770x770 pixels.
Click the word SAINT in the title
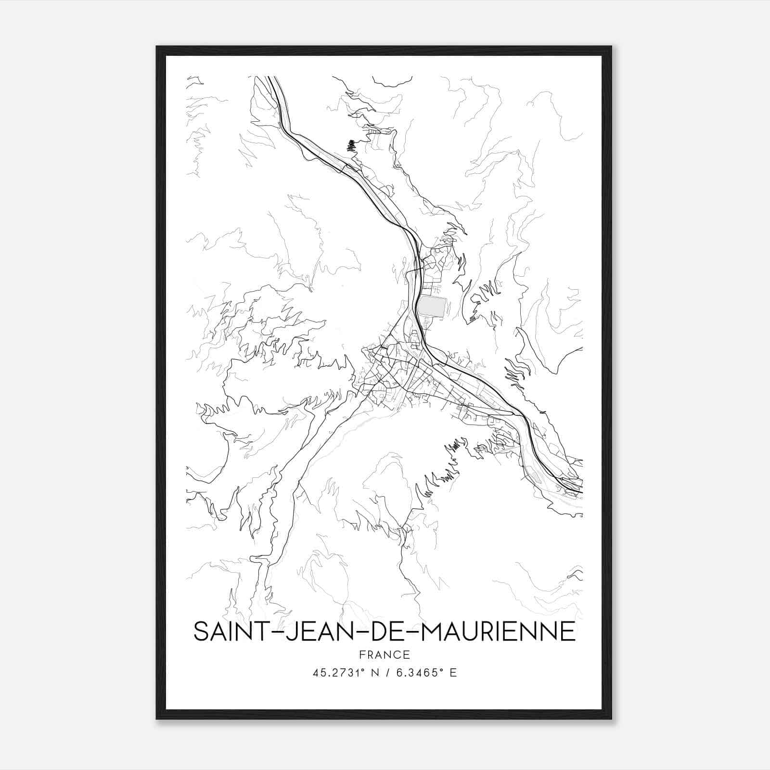pyautogui.click(x=225, y=631)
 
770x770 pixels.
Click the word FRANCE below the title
pyautogui.click(x=385, y=654)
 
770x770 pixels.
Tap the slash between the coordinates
pyautogui.click(x=387, y=673)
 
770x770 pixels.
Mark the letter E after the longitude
pyautogui.click(x=453, y=673)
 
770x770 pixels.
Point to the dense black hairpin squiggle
pyautogui.click(x=351, y=144)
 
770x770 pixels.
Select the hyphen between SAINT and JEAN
pyautogui.click(x=268, y=632)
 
